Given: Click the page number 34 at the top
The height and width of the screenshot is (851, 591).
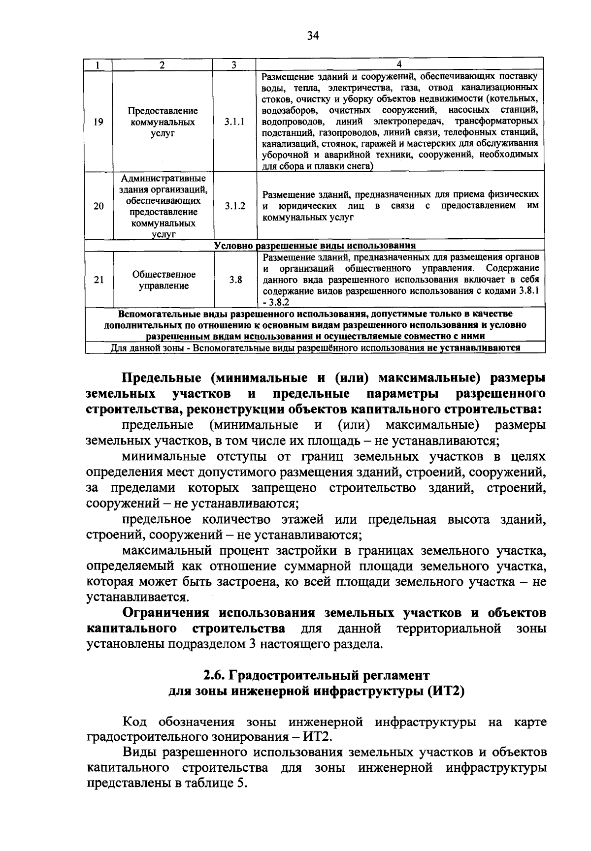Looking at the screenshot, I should click(313, 35).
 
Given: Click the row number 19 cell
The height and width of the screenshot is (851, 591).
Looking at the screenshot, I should click(98, 122).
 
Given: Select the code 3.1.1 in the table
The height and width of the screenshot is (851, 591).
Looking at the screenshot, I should click(234, 122).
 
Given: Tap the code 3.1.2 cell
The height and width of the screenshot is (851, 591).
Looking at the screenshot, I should click(235, 206).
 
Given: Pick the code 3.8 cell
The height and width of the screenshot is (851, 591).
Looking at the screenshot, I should click(235, 280).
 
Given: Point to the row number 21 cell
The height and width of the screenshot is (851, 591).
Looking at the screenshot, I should click(98, 280).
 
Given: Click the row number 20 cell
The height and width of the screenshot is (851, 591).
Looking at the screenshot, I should click(98, 206).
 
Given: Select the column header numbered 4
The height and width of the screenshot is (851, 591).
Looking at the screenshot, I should click(399, 64).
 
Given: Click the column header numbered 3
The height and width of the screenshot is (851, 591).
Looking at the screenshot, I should click(234, 64).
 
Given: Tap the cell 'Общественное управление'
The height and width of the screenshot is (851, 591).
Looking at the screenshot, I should click(164, 280).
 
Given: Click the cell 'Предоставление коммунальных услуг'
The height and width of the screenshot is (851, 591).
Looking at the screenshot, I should click(164, 122).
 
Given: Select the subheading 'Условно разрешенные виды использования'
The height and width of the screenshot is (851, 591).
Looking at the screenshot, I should click(315, 246).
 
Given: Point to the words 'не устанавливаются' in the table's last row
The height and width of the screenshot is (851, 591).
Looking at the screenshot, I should click(475, 348).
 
